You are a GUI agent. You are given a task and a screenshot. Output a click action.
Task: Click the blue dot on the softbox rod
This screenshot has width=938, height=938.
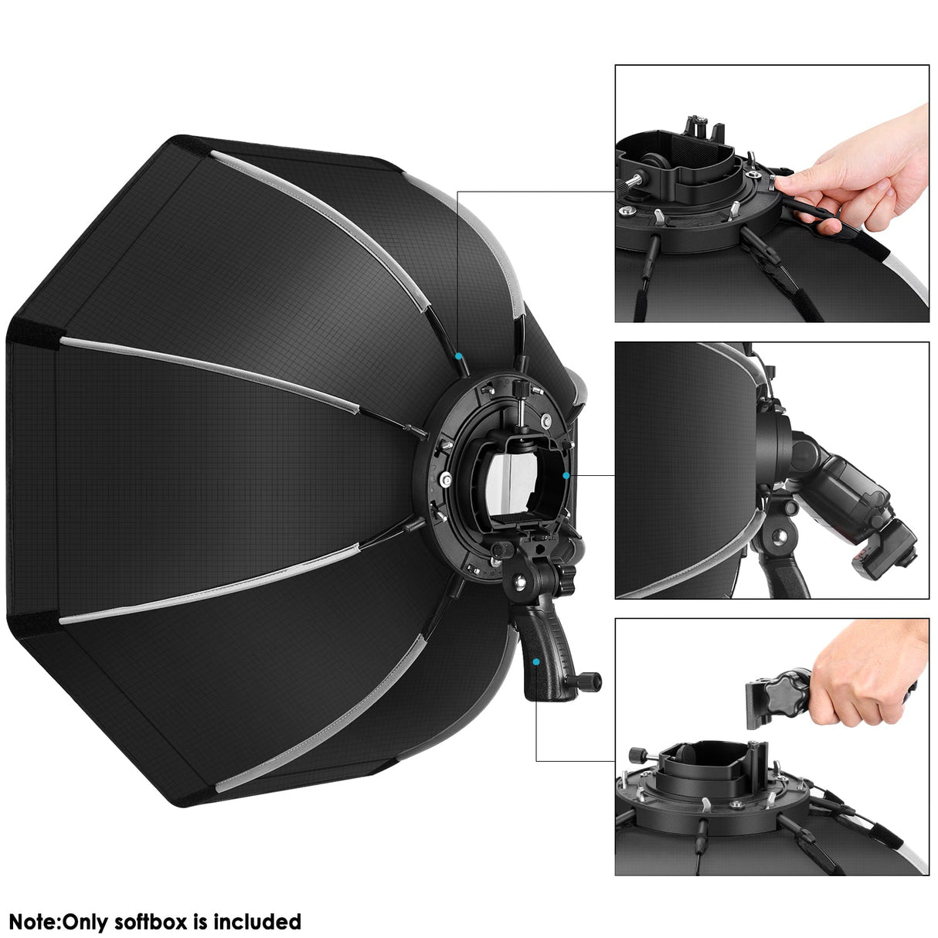[458, 355]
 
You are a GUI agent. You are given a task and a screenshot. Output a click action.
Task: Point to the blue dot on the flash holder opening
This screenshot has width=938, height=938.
[566, 475]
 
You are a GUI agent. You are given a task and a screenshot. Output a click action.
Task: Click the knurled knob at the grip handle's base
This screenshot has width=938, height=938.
[591, 680]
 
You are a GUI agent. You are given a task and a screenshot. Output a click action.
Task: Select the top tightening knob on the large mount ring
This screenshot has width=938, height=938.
[523, 385]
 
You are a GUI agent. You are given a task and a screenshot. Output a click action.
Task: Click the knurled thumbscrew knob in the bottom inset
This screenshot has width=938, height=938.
[638, 753]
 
